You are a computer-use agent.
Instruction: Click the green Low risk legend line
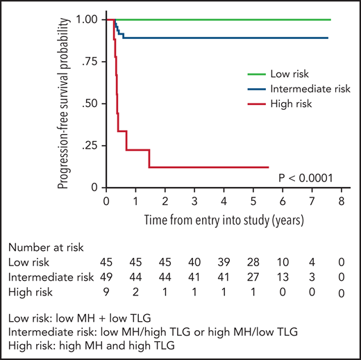pyautogui.click(x=260, y=73)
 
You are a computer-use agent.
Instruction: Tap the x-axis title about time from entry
pyautogui.click(x=222, y=219)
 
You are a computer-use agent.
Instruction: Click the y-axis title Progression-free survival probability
pyautogui.click(x=64, y=104)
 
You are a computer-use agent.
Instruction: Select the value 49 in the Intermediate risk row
pyautogui.click(x=107, y=277)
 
